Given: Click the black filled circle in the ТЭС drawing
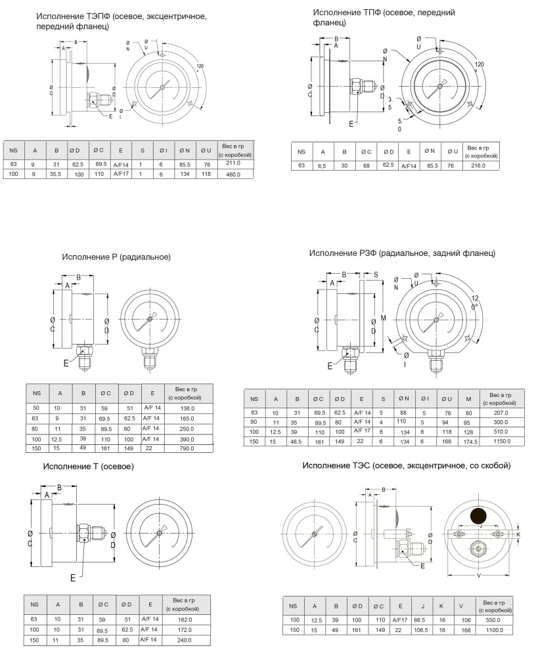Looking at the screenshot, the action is [478, 516].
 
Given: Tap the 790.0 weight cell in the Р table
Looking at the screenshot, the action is [187, 448].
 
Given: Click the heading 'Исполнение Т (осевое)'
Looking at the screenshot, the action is [89, 467].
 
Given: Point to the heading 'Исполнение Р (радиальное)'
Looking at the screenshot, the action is [116, 257].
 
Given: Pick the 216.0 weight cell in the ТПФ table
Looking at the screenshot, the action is [478, 165].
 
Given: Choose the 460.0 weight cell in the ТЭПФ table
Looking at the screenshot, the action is [233, 175].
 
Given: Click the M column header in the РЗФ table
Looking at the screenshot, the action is [468, 399].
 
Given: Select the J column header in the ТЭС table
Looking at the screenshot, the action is [422, 606].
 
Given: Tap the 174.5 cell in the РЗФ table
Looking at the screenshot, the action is [470, 442].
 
